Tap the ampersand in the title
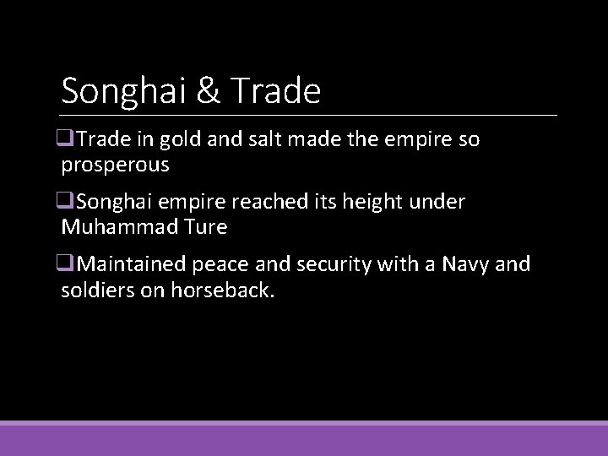(206, 90)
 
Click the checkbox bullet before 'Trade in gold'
(68, 140)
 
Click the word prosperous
(116, 165)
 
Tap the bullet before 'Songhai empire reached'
(68, 203)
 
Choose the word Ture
(203, 227)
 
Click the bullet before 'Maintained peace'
(68, 265)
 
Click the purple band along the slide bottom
(304, 439)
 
